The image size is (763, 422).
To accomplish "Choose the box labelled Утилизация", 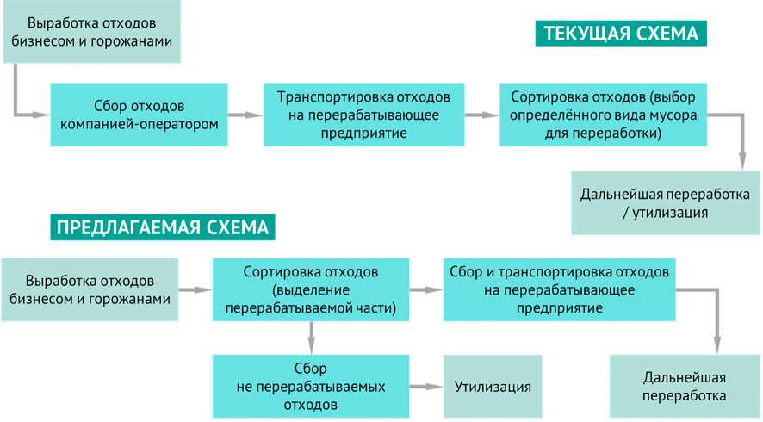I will coord(493,386).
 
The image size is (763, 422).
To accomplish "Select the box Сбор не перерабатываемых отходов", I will coord(310,386).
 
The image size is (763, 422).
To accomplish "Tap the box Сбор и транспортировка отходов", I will coord(560,289).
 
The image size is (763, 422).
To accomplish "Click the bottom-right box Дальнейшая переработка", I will coord(685,386).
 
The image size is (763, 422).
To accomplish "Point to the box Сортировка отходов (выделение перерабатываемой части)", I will coord(310,289).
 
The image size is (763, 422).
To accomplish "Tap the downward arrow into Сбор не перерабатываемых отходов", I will coord(311,336).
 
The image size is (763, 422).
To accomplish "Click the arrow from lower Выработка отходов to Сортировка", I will coord(195,290).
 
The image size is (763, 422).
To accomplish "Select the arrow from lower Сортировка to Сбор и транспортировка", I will coord(425,290).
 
